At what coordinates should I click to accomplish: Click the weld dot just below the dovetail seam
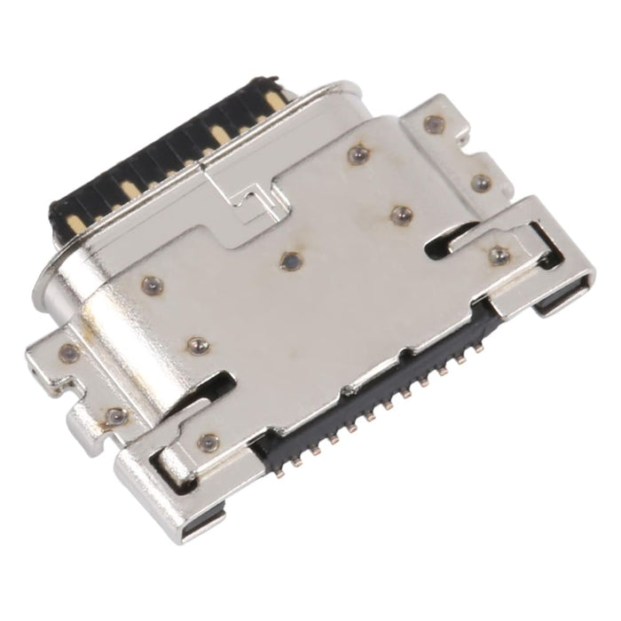[290, 261]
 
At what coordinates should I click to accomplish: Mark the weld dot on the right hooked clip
[499, 255]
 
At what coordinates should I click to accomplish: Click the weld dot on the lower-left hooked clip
[208, 440]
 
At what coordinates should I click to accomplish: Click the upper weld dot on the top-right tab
[433, 124]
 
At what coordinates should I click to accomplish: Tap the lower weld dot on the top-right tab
[482, 184]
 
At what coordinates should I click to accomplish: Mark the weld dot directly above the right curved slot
[402, 214]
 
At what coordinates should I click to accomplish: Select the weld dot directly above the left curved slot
[195, 343]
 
